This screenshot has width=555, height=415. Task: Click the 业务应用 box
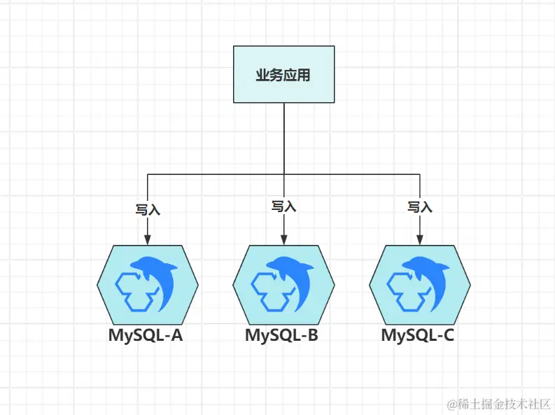[283, 74]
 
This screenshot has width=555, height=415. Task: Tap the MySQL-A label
[146, 335]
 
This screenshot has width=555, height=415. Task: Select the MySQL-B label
[281, 335]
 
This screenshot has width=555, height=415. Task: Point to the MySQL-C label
[418, 335]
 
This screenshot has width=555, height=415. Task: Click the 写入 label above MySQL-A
[147, 209]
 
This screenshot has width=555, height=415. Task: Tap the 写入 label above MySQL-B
[283, 206]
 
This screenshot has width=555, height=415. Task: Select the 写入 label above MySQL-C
[420, 206]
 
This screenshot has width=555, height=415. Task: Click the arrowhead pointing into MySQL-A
[147, 240]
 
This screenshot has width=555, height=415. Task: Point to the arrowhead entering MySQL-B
[283, 240]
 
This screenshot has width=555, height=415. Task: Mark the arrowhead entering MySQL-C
[420, 240]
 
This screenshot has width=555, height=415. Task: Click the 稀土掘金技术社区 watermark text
[500, 404]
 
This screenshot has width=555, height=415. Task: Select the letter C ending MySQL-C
[447, 335]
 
